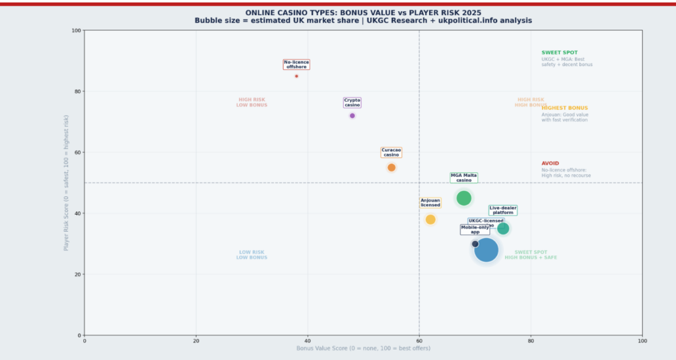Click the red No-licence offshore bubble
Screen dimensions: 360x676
tap(296, 76)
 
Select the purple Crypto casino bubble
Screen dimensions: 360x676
tap(353, 116)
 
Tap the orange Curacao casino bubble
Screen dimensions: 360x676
tap(391, 168)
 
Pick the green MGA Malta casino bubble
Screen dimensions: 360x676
tap(464, 198)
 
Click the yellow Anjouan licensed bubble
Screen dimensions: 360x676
tap(430, 219)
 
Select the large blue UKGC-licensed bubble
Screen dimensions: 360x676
tap(487, 250)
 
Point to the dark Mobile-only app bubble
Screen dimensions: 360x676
tap(475, 244)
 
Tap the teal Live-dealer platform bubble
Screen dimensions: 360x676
tap(503, 229)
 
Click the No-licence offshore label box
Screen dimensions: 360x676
tap(296, 64)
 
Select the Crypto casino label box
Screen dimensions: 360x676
tap(353, 102)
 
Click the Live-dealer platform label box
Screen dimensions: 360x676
tap(503, 210)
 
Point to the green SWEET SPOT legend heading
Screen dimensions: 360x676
tap(559, 53)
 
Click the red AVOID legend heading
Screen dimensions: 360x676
tap(550, 163)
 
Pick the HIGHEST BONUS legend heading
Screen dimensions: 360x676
tap(564, 108)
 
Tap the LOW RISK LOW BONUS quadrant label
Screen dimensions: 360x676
tap(252, 255)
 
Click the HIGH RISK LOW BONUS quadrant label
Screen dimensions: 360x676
tap(252, 102)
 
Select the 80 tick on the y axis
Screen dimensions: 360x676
tap(77, 91)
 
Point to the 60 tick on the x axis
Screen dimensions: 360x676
tap(419, 341)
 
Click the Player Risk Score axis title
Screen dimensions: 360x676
tap(66, 183)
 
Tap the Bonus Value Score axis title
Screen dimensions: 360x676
tap(363, 348)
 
